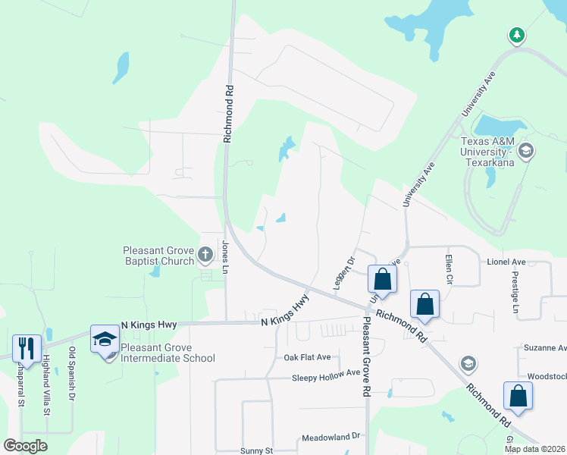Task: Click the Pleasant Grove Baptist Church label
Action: (x=159, y=256)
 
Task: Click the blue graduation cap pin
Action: (x=105, y=338)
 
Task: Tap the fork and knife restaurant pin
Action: (x=27, y=347)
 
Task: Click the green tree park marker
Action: (x=516, y=35)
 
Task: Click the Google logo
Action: (x=25, y=445)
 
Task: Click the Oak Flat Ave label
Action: (x=307, y=357)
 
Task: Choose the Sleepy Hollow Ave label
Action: (x=326, y=375)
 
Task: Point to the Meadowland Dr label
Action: (x=334, y=437)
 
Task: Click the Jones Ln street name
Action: (x=224, y=257)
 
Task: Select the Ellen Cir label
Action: (x=449, y=269)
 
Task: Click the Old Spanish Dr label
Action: (x=73, y=374)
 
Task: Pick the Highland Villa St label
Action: (x=45, y=384)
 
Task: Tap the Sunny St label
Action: (x=256, y=450)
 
